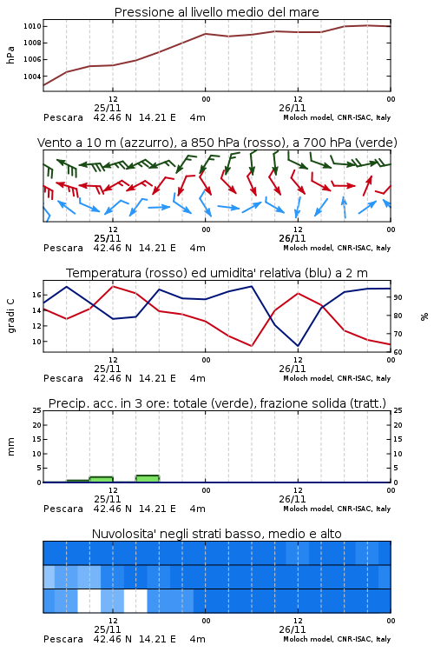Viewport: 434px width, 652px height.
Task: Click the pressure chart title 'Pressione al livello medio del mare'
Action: pos(216,12)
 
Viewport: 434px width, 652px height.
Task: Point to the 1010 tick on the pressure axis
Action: pos(32,26)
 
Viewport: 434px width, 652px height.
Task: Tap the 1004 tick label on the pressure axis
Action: pos(32,77)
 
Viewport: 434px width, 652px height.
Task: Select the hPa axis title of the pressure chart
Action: pos(10,55)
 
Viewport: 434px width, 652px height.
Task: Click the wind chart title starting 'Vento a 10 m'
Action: pos(217,143)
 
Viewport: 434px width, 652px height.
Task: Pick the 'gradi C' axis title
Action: pos(10,316)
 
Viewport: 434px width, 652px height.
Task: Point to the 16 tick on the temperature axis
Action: pos(36,295)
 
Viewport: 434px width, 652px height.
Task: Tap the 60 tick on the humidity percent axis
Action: pos(398,352)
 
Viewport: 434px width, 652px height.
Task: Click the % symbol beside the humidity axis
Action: pos(424,316)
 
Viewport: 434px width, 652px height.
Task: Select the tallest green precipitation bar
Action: pos(148,479)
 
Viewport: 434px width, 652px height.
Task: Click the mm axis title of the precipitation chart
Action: pos(10,447)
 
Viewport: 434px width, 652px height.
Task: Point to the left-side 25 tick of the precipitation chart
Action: pos(37,410)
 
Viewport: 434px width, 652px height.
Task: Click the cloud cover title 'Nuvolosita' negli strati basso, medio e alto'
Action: pos(216,534)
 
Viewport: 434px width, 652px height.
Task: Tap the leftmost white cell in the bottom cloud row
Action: pos(89,601)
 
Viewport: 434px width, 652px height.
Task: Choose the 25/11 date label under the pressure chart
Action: pos(108,108)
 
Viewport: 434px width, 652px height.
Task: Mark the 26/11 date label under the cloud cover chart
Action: pos(293,629)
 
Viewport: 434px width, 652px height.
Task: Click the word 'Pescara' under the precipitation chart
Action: pos(63,509)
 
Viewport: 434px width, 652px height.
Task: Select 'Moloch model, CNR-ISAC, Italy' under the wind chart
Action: pos(337,249)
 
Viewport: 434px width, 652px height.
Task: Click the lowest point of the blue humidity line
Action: pos(298,345)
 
